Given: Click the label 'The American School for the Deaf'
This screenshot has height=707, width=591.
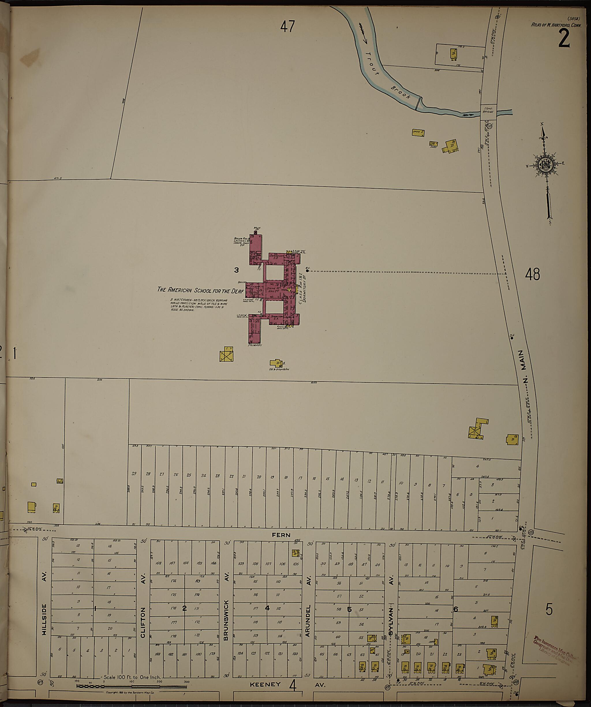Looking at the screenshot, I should click(201, 290).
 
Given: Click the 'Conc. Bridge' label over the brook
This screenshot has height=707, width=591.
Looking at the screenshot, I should click(488, 110).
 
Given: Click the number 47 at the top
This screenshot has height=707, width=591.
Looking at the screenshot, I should click(288, 27).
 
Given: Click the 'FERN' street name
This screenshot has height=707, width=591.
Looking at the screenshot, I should click(281, 535).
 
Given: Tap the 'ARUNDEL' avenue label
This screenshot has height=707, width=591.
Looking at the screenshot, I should click(307, 620).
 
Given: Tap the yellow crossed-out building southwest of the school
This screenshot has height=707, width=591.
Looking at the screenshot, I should click(226, 355).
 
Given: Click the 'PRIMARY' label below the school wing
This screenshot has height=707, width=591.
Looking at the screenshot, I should click(255, 345).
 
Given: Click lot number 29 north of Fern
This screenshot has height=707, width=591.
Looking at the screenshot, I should click(134, 474).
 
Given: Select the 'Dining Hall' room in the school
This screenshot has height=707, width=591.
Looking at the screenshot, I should click(272, 289).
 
